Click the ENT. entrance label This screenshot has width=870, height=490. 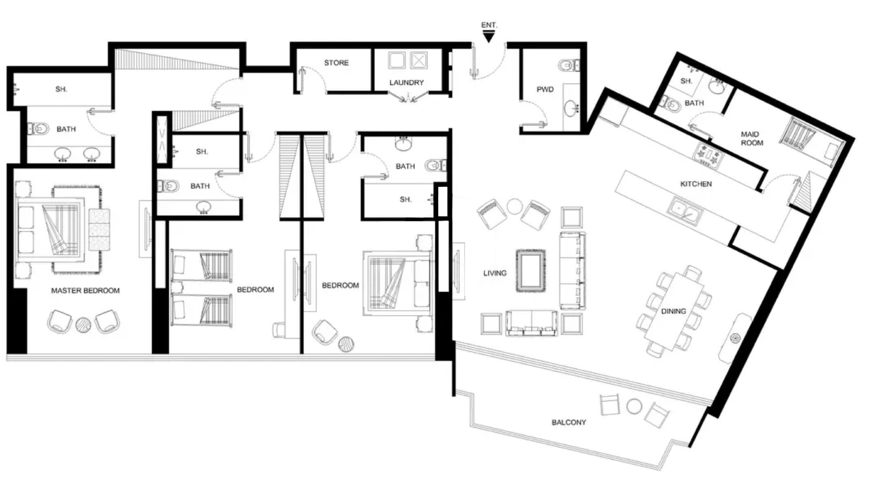[x=489, y=25]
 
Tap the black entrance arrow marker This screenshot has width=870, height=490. [x=488, y=37]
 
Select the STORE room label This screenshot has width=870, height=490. [x=336, y=63]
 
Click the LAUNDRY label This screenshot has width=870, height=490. [x=407, y=83]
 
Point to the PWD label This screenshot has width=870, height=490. [x=545, y=89]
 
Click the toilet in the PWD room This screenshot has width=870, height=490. [x=569, y=65]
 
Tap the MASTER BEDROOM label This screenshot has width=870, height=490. [x=85, y=291]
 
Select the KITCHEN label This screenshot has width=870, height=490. [x=696, y=184]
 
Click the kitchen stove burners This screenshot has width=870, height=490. [x=708, y=156]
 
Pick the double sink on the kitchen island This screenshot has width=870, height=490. [x=684, y=211]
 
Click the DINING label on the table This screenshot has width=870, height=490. [x=673, y=311]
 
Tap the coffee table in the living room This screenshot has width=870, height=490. [x=530, y=271]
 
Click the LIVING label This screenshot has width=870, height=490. [x=495, y=273]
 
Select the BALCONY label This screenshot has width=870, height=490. [x=569, y=422]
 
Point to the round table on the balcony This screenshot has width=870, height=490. [x=634, y=407]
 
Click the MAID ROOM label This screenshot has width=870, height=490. [x=751, y=139]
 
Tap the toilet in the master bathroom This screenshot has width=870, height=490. [x=38, y=128]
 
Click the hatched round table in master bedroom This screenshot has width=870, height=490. [x=83, y=324]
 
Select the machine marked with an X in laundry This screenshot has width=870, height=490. [x=419, y=60]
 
